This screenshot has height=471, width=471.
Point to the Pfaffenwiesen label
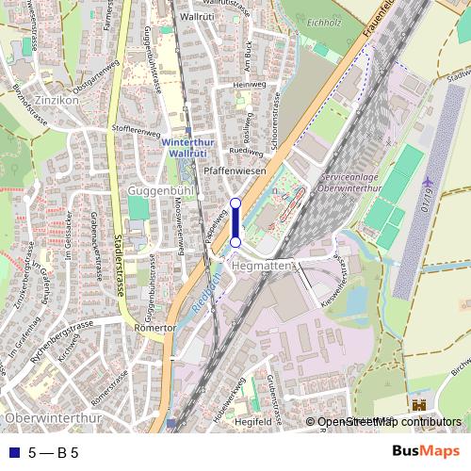pos(235,172)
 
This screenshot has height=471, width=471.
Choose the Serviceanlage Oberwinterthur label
pos(355,183)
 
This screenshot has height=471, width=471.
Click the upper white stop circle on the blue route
pos(235,203)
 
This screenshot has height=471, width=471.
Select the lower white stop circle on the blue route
pos(235,243)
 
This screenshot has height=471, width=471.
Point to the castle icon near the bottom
pos(417,405)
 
